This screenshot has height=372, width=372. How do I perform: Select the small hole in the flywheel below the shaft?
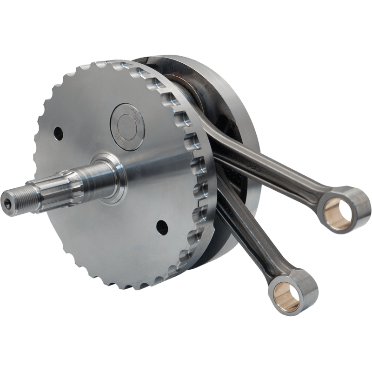click(x=161, y=226)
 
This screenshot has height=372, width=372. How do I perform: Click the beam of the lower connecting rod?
click(x=242, y=232)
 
